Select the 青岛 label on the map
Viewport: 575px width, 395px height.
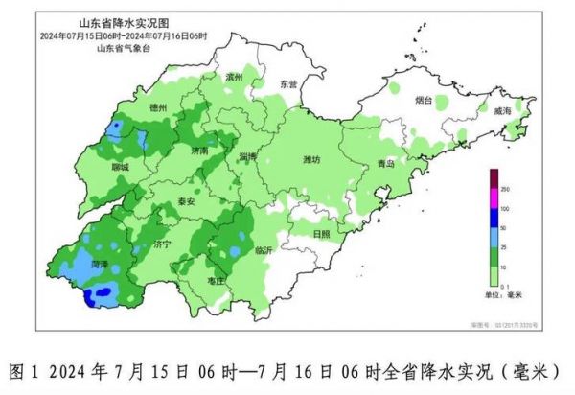coord(385,164)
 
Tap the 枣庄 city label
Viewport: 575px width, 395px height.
coord(216,280)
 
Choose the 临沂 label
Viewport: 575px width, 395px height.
coord(264,249)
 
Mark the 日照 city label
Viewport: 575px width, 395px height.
coord(322,233)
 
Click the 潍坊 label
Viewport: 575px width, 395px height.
coord(311,159)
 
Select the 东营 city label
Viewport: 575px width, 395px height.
coord(288,84)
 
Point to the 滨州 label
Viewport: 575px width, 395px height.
coord(234,76)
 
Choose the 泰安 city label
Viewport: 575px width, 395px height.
coord(186,202)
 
